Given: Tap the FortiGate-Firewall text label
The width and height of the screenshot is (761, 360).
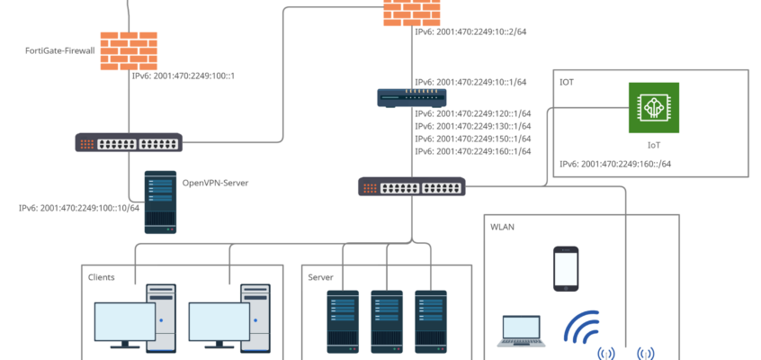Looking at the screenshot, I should [59, 51].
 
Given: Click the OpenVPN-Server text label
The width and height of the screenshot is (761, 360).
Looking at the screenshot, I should [215, 183].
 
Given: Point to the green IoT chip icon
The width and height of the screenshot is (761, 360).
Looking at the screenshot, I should [654, 109].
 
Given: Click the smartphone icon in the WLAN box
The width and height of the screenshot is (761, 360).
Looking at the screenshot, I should [565, 268].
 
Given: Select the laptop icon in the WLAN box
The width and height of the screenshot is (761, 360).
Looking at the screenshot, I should [521, 331].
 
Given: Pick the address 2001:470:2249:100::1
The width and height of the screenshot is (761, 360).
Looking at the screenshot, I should [183, 76].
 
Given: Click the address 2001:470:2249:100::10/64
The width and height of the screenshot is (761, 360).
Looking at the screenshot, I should [79, 208].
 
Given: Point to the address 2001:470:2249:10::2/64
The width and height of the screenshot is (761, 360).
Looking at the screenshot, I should [470, 31].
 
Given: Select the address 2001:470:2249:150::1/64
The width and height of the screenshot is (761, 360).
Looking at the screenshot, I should [472, 139].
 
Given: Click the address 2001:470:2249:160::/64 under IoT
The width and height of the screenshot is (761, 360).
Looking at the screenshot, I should [615, 165].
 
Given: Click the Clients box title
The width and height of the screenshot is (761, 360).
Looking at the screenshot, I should [101, 277].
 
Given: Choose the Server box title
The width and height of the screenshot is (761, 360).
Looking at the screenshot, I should [320, 277].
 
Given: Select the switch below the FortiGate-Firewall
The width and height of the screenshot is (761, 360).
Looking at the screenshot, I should [129, 142].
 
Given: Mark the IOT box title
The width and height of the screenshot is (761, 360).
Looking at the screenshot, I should [567, 82].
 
